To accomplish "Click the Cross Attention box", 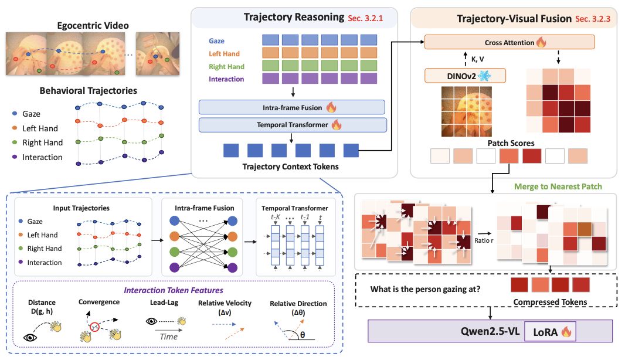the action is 509,42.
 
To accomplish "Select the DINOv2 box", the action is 465,76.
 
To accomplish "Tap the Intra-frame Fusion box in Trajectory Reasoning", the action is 292,107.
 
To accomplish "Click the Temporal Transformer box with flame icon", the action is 293,125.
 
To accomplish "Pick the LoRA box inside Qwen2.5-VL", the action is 551,331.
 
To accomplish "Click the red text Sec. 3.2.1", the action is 365,18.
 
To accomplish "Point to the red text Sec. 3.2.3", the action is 593,19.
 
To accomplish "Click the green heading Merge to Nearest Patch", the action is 558,186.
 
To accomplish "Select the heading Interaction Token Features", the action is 174,290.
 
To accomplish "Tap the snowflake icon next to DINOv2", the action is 485,76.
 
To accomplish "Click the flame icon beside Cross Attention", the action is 541,42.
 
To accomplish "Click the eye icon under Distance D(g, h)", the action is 30,338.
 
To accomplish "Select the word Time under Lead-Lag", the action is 169,337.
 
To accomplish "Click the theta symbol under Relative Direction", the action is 303,335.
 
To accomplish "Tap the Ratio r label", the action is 484,240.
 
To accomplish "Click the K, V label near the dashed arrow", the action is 477,59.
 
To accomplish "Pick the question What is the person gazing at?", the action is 425,289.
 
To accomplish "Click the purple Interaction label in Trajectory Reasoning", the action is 226,79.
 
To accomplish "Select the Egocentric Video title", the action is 93,26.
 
